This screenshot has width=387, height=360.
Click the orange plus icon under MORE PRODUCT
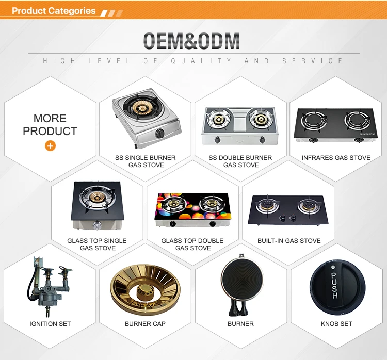[50, 146]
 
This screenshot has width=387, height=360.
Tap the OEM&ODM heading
[191, 41]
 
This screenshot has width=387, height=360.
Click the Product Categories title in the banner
[54, 11]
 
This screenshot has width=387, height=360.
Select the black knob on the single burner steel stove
[159, 134]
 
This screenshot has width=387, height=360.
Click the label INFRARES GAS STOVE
[336, 158]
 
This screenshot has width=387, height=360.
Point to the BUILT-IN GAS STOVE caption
[289, 241]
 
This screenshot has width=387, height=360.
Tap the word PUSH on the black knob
[334, 286]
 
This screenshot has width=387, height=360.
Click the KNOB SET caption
[336, 324]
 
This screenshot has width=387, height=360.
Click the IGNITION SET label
[50, 324]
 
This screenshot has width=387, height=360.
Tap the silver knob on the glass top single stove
[97, 225]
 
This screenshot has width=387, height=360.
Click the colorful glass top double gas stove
[192, 210]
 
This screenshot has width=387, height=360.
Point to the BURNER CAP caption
[145, 324]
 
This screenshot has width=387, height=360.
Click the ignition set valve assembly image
[49, 287]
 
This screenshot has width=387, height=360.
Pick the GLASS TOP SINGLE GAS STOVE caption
[97, 244]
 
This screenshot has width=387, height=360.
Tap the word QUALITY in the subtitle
[201, 61]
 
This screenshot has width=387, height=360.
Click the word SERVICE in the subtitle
[313, 61]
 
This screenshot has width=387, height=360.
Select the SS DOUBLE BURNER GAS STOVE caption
[240, 161]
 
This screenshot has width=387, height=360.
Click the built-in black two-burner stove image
[288, 210]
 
